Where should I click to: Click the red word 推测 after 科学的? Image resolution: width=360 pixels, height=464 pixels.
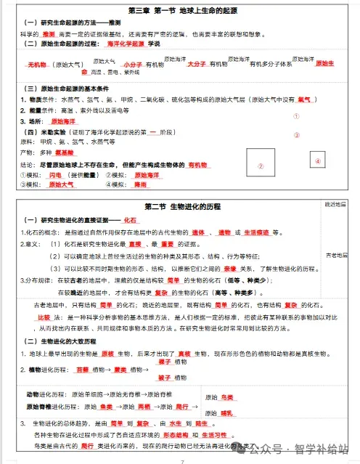tap(49, 33)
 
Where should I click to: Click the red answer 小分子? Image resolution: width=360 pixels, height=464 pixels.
tap(131, 65)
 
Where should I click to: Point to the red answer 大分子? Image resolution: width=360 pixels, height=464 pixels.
tap(195, 65)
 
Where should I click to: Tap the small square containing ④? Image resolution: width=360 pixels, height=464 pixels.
tap(317, 160)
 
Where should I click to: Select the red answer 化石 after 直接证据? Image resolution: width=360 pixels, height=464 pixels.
tap(130, 219)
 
